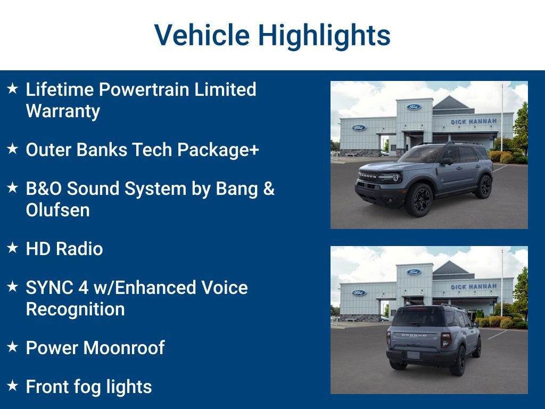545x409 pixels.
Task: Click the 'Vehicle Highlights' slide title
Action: pos(272,35)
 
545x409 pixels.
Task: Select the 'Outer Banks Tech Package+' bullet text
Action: pos(142,150)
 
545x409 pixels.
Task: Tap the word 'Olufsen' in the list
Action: pos(57,210)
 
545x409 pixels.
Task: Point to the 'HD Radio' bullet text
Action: pos(64,249)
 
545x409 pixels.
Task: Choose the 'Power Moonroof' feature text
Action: pos(95,348)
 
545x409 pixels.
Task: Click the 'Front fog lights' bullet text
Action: pos(88,387)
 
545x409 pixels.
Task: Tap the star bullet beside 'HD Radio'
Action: pos(13,248)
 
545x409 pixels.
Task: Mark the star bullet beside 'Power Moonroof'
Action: pos(13,347)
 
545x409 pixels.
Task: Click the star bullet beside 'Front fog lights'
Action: pos(13,386)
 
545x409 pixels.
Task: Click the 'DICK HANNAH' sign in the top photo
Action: pos(473,121)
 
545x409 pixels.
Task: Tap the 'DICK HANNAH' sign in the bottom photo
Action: pos(473,287)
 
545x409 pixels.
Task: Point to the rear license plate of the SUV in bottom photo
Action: pos(413,355)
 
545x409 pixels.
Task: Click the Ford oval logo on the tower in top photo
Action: pos(414,107)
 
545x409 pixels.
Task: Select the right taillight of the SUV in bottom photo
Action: pos(445,339)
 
